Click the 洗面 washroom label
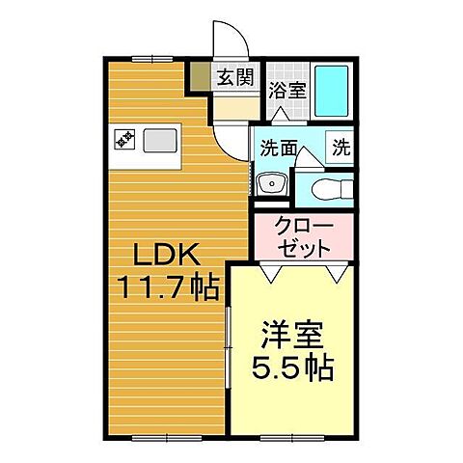click(x=277, y=150)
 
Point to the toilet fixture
click(x=323, y=187)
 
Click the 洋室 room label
click(x=291, y=340)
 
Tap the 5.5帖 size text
click(x=291, y=368)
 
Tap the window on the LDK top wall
click(x=145, y=57)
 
